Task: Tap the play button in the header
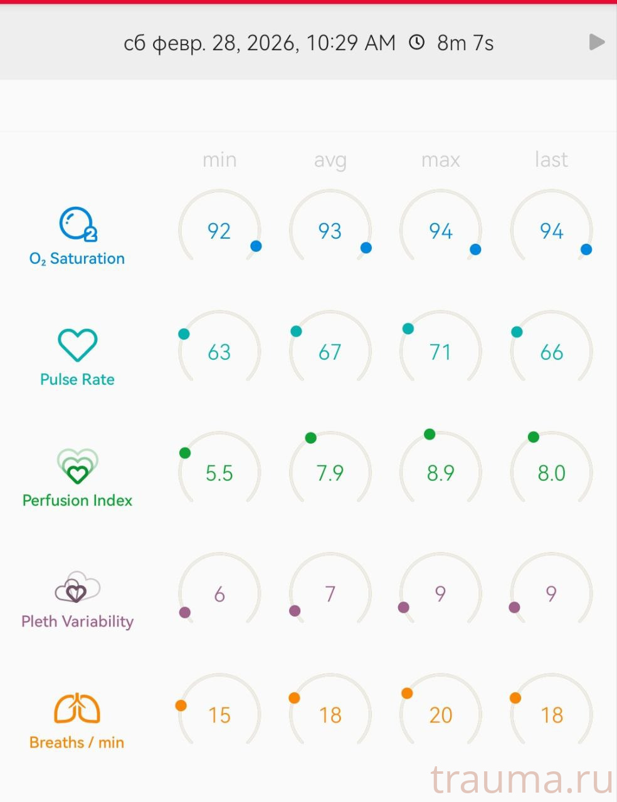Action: point(597,43)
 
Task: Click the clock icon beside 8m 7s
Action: point(416,43)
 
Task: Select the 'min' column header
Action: point(219,160)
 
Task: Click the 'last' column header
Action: point(551,160)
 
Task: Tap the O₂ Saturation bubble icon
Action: point(77,224)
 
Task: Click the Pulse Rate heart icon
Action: point(77,345)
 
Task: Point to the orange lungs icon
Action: point(77,708)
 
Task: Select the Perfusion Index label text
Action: point(77,501)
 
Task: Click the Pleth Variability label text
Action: point(77,622)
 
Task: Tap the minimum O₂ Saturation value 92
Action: point(219,231)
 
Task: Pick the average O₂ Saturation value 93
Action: point(330,231)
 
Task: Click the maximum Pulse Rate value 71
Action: point(440,352)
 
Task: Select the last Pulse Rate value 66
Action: point(551,352)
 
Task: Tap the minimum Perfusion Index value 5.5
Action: point(219,473)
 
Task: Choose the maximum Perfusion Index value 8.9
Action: point(440,473)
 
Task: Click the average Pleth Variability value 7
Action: point(330,593)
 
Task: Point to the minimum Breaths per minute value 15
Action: point(219,715)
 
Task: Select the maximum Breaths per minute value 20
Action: point(440,715)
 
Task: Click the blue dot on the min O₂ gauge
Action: point(256,246)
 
